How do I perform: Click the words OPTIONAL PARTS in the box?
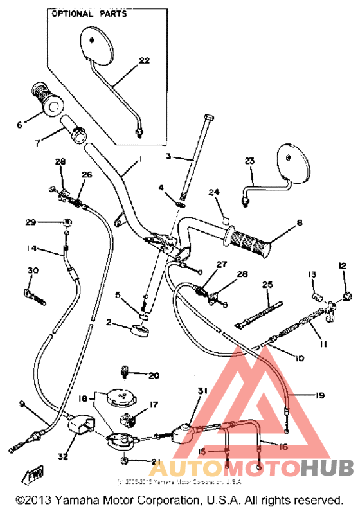[x=89, y=13]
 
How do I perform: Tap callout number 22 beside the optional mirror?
[x=143, y=61]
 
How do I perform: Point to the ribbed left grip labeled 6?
[x=44, y=100]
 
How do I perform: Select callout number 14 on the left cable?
[x=32, y=248]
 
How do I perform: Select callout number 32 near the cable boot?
[x=62, y=457]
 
